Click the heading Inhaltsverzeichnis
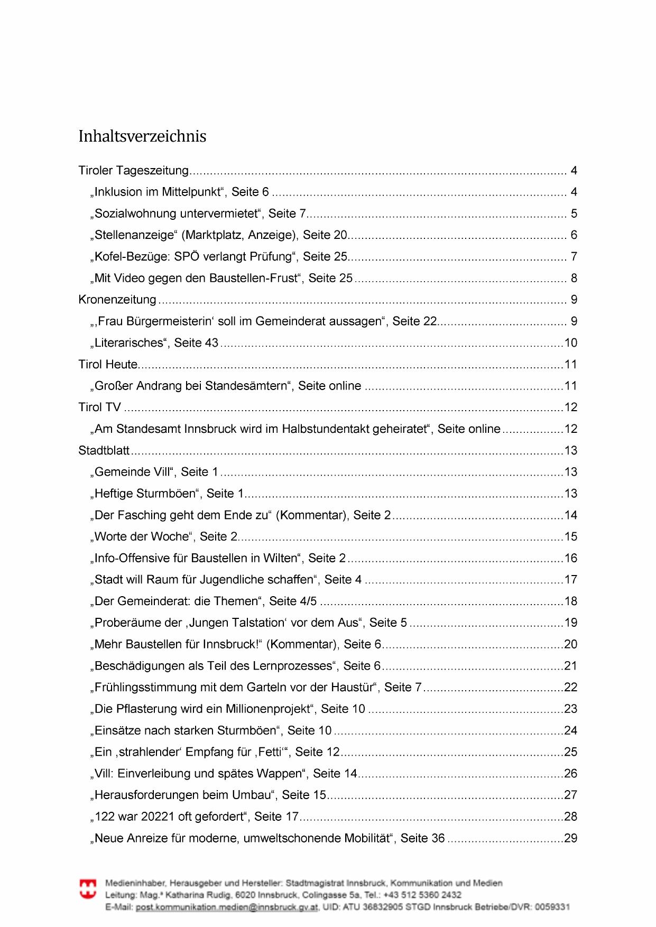pyautogui.click(x=142, y=136)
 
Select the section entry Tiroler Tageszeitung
pyautogui.click(x=133, y=171)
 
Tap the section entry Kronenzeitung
pyautogui.click(x=117, y=300)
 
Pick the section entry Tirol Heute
pyautogui.click(x=108, y=364)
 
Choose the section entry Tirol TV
pyautogui.click(x=99, y=407)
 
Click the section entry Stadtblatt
pyautogui.click(x=104, y=450)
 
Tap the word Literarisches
pyautogui.click(x=130, y=342)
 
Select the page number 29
pyautogui.click(x=571, y=838)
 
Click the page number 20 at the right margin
pyautogui.click(x=571, y=644)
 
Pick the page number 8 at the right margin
pyautogui.click(x=574, y=278)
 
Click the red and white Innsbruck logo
pyautogui.click(x=88, y=888)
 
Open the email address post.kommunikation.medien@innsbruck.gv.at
pyautogui.click(x=227, y=907)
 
